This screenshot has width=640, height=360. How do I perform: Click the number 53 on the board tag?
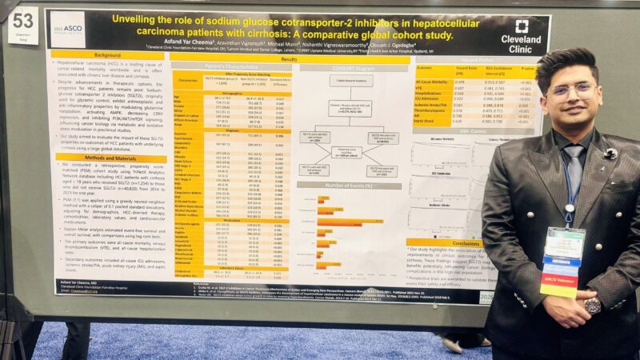22,18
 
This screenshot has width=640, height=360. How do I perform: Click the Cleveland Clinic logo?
521,32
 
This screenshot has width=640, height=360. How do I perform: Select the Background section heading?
107,54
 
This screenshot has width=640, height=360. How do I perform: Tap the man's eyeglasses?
570,89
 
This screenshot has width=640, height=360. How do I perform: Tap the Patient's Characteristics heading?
220,66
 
